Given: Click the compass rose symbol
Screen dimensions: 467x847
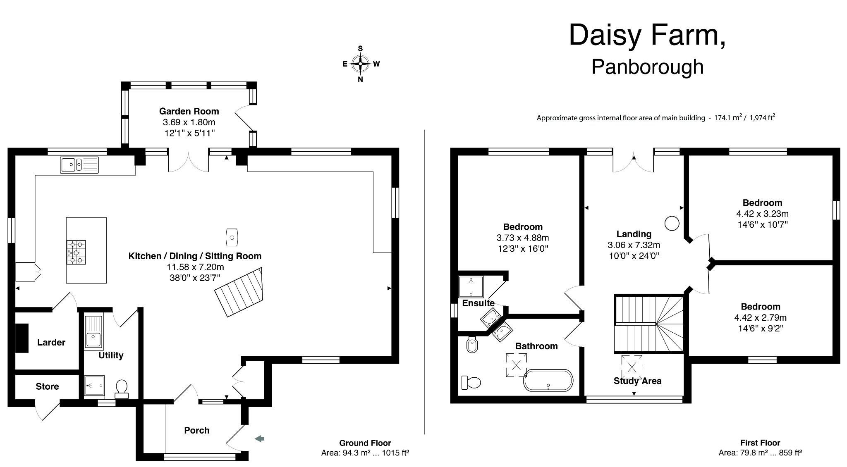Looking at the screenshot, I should pos(361,64).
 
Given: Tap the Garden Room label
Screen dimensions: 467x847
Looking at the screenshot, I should pos(189,111).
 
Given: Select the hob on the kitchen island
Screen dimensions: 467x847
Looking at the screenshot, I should pos(76,252).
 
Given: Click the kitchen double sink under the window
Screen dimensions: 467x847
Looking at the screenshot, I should pos(79,165).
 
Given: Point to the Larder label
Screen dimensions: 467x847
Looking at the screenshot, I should pos(51,342).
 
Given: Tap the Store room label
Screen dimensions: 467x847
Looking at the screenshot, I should pos(47,386).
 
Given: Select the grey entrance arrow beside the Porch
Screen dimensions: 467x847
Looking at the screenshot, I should pos(259,439).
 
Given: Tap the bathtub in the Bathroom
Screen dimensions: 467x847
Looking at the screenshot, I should pos(548,380).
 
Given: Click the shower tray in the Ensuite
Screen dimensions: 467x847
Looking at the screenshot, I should pos(471,286).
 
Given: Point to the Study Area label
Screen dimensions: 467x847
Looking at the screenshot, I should pos(637,381).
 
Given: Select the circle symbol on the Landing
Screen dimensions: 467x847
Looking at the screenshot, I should pos(672,224).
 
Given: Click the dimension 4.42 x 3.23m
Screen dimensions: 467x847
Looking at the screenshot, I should pos(762,214).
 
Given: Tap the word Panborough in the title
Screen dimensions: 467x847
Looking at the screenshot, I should pos(647,67).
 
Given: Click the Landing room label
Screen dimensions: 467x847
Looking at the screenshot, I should pos(634,234).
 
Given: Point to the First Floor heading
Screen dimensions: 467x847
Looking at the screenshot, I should pos(760,443).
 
